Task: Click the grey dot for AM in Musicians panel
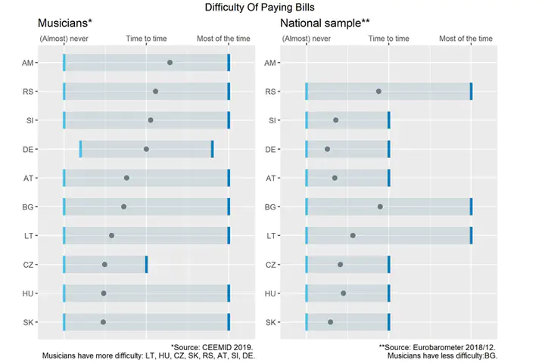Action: [170, 63]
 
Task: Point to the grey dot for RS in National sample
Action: [378, 92]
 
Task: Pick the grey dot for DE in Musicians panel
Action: [146, 149]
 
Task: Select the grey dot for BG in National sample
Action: [380, 206]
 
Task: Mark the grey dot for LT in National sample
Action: [353, 235]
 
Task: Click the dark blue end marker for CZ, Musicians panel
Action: [146, 264]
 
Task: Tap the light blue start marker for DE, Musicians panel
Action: [81, 149]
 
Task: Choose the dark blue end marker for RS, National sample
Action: [471, 92]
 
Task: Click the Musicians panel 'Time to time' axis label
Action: [146, 39]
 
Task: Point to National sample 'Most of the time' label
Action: [465, 39]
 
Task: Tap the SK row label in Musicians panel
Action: [28, 322]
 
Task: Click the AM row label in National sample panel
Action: [270, 63]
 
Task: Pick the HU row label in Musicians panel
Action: [28, 293]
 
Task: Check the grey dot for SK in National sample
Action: [331, 322]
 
